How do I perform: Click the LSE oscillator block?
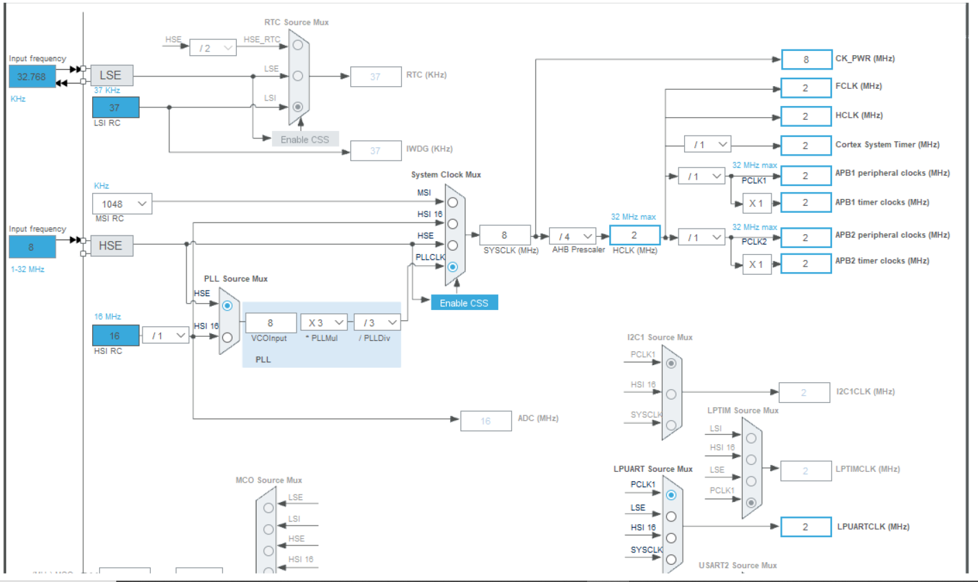pyautogui.click(x=111, y=76)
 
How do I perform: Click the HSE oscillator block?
pyautogui.click(x=111, y=246)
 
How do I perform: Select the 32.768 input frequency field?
pyautogui.click(x=32, y=76)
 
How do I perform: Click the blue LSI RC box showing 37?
pyautogui.click(x=116, y=107)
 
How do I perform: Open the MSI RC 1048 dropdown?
pyautogui.click(x=123, y=204)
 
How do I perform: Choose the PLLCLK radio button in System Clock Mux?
pyautogui.click(x=452, y=267)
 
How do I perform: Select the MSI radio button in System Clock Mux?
pyautogui.click(x=452, y=202)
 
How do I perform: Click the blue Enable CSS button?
pyautogui.click(x=464, y=303)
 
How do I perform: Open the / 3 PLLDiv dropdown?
pyautogui.click(x=377, y=322)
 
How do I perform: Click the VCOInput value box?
pyautogui.click(x=270, y=322)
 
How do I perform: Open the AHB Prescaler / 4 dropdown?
pyautogui.click(x=572, y=236)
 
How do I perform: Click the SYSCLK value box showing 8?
pyautogui.click(x=504, y=235)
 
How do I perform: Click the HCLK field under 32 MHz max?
pyautogui.click(x=635, y=235)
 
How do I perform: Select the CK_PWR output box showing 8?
pyautogui.click(x=806, y=60)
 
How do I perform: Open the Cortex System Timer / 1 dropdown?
pyautogui.click(x=707, y=145)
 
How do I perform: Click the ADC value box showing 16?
pyautogui.click(x=485, y=421)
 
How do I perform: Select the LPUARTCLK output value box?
pyautogui.click(x=806, y=527)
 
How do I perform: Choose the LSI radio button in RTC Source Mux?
pyautogui.click(x=297, y=107)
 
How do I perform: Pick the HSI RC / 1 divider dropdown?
pyautogui.click(x=165, y=335)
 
